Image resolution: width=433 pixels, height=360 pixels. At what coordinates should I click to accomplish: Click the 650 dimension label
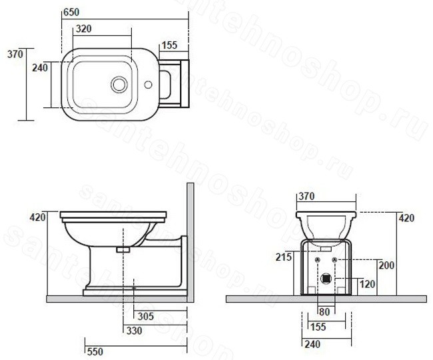point(71,12)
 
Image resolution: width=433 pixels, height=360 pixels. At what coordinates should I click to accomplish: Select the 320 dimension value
point(83,29)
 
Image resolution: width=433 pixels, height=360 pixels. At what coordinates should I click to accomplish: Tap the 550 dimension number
point(95,351)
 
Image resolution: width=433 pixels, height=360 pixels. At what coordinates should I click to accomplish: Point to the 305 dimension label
point(145,316)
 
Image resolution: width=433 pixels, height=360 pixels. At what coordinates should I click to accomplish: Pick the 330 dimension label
point(134,330)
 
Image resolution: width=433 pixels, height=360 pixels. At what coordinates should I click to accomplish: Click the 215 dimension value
point(284,257)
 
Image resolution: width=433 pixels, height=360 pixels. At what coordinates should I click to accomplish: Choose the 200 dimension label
point(386,265)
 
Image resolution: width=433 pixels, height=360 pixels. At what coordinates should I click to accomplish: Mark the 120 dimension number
point(367,284)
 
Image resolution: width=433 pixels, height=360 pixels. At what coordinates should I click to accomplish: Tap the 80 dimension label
point(324,312)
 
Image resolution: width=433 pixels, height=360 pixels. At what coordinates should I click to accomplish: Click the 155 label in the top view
point(169,45)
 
